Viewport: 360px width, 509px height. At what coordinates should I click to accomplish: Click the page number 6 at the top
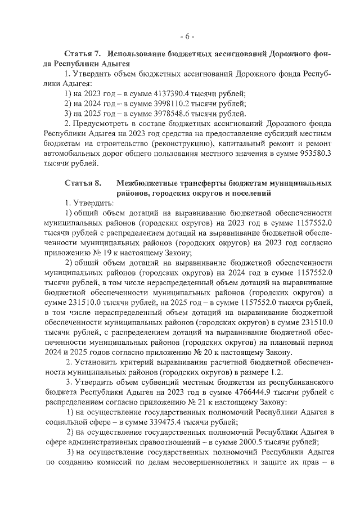click(187, 37)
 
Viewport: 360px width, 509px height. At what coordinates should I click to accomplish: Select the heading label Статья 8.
click(82, 183)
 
